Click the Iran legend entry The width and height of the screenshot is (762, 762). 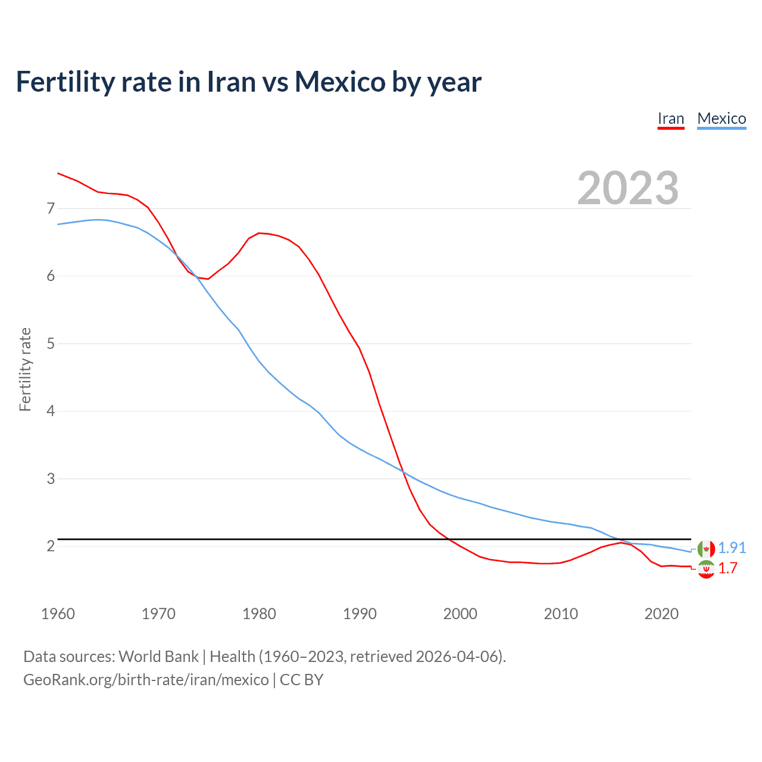point(670,118)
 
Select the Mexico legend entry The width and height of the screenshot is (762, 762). point(721,118)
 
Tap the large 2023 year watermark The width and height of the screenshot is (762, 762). point(627,188)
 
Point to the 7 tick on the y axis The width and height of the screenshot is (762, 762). point(51,208)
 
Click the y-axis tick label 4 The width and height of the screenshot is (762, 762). point(51,411)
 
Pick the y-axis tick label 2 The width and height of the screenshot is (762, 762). point(51,546)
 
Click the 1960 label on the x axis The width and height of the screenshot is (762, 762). point(58,614)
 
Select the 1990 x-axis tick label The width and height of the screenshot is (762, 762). point(360,614)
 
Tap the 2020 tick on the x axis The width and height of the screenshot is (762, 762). point(661,614)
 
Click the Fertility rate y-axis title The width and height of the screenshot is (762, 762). point(25,369)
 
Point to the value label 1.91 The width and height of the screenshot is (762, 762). point(732,548)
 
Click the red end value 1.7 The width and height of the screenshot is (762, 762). point(727,569)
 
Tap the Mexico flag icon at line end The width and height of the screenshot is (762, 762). point(706,548)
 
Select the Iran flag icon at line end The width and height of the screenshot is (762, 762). point(706,570)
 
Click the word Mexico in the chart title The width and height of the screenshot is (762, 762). point(340,82)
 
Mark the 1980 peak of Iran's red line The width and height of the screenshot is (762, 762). point(259,233)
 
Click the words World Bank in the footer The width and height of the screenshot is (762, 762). point(158,657)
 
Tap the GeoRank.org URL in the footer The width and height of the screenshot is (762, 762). point(146,680)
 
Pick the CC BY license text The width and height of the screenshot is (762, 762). point(301,680)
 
